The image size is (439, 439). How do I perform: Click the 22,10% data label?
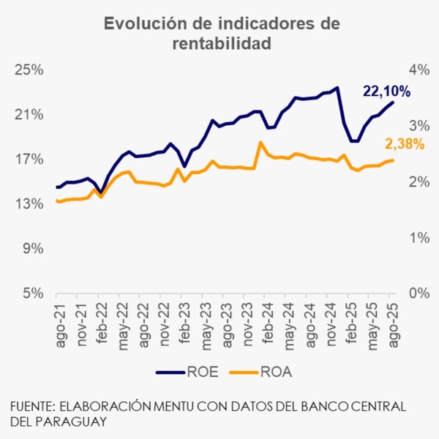386,91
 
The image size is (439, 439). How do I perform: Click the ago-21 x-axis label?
61,322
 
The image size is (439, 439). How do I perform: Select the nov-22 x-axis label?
166,322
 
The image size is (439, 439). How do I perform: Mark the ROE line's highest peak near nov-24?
337,88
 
